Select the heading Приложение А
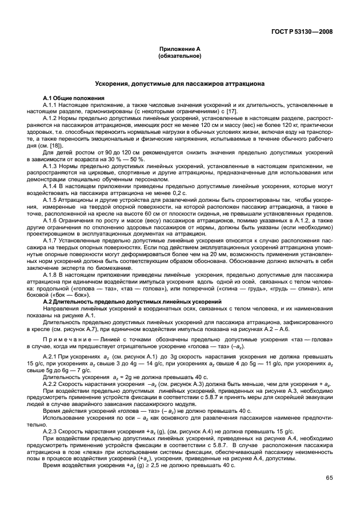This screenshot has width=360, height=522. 179,51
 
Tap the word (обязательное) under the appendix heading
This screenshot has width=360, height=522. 179,57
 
